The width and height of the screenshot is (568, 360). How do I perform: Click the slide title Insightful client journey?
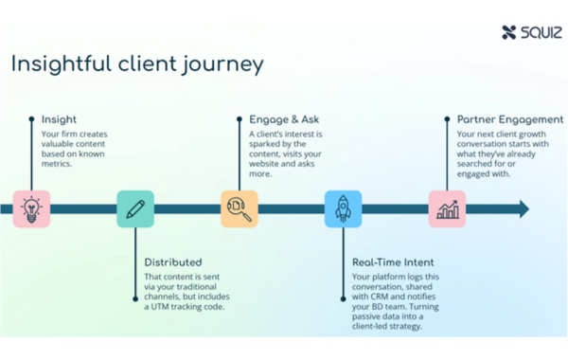pos(137,64)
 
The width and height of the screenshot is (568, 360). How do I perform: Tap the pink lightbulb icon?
pos(31,208)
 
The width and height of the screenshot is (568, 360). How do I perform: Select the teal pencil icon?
pos(135,208)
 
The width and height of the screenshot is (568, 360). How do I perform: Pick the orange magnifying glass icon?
pos(239,208)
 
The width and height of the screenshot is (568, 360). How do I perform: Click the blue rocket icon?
pos(343,208)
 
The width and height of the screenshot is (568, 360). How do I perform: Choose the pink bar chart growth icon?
pos(447,208)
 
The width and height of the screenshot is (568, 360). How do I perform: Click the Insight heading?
pos(59,119)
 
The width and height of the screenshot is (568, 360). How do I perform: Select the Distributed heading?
pos(172,261)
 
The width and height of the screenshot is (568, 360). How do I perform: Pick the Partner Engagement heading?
pos(509,119)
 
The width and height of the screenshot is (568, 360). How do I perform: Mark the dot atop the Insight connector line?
pos(31,119)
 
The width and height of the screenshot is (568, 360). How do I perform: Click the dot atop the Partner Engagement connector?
pos(447,119)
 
